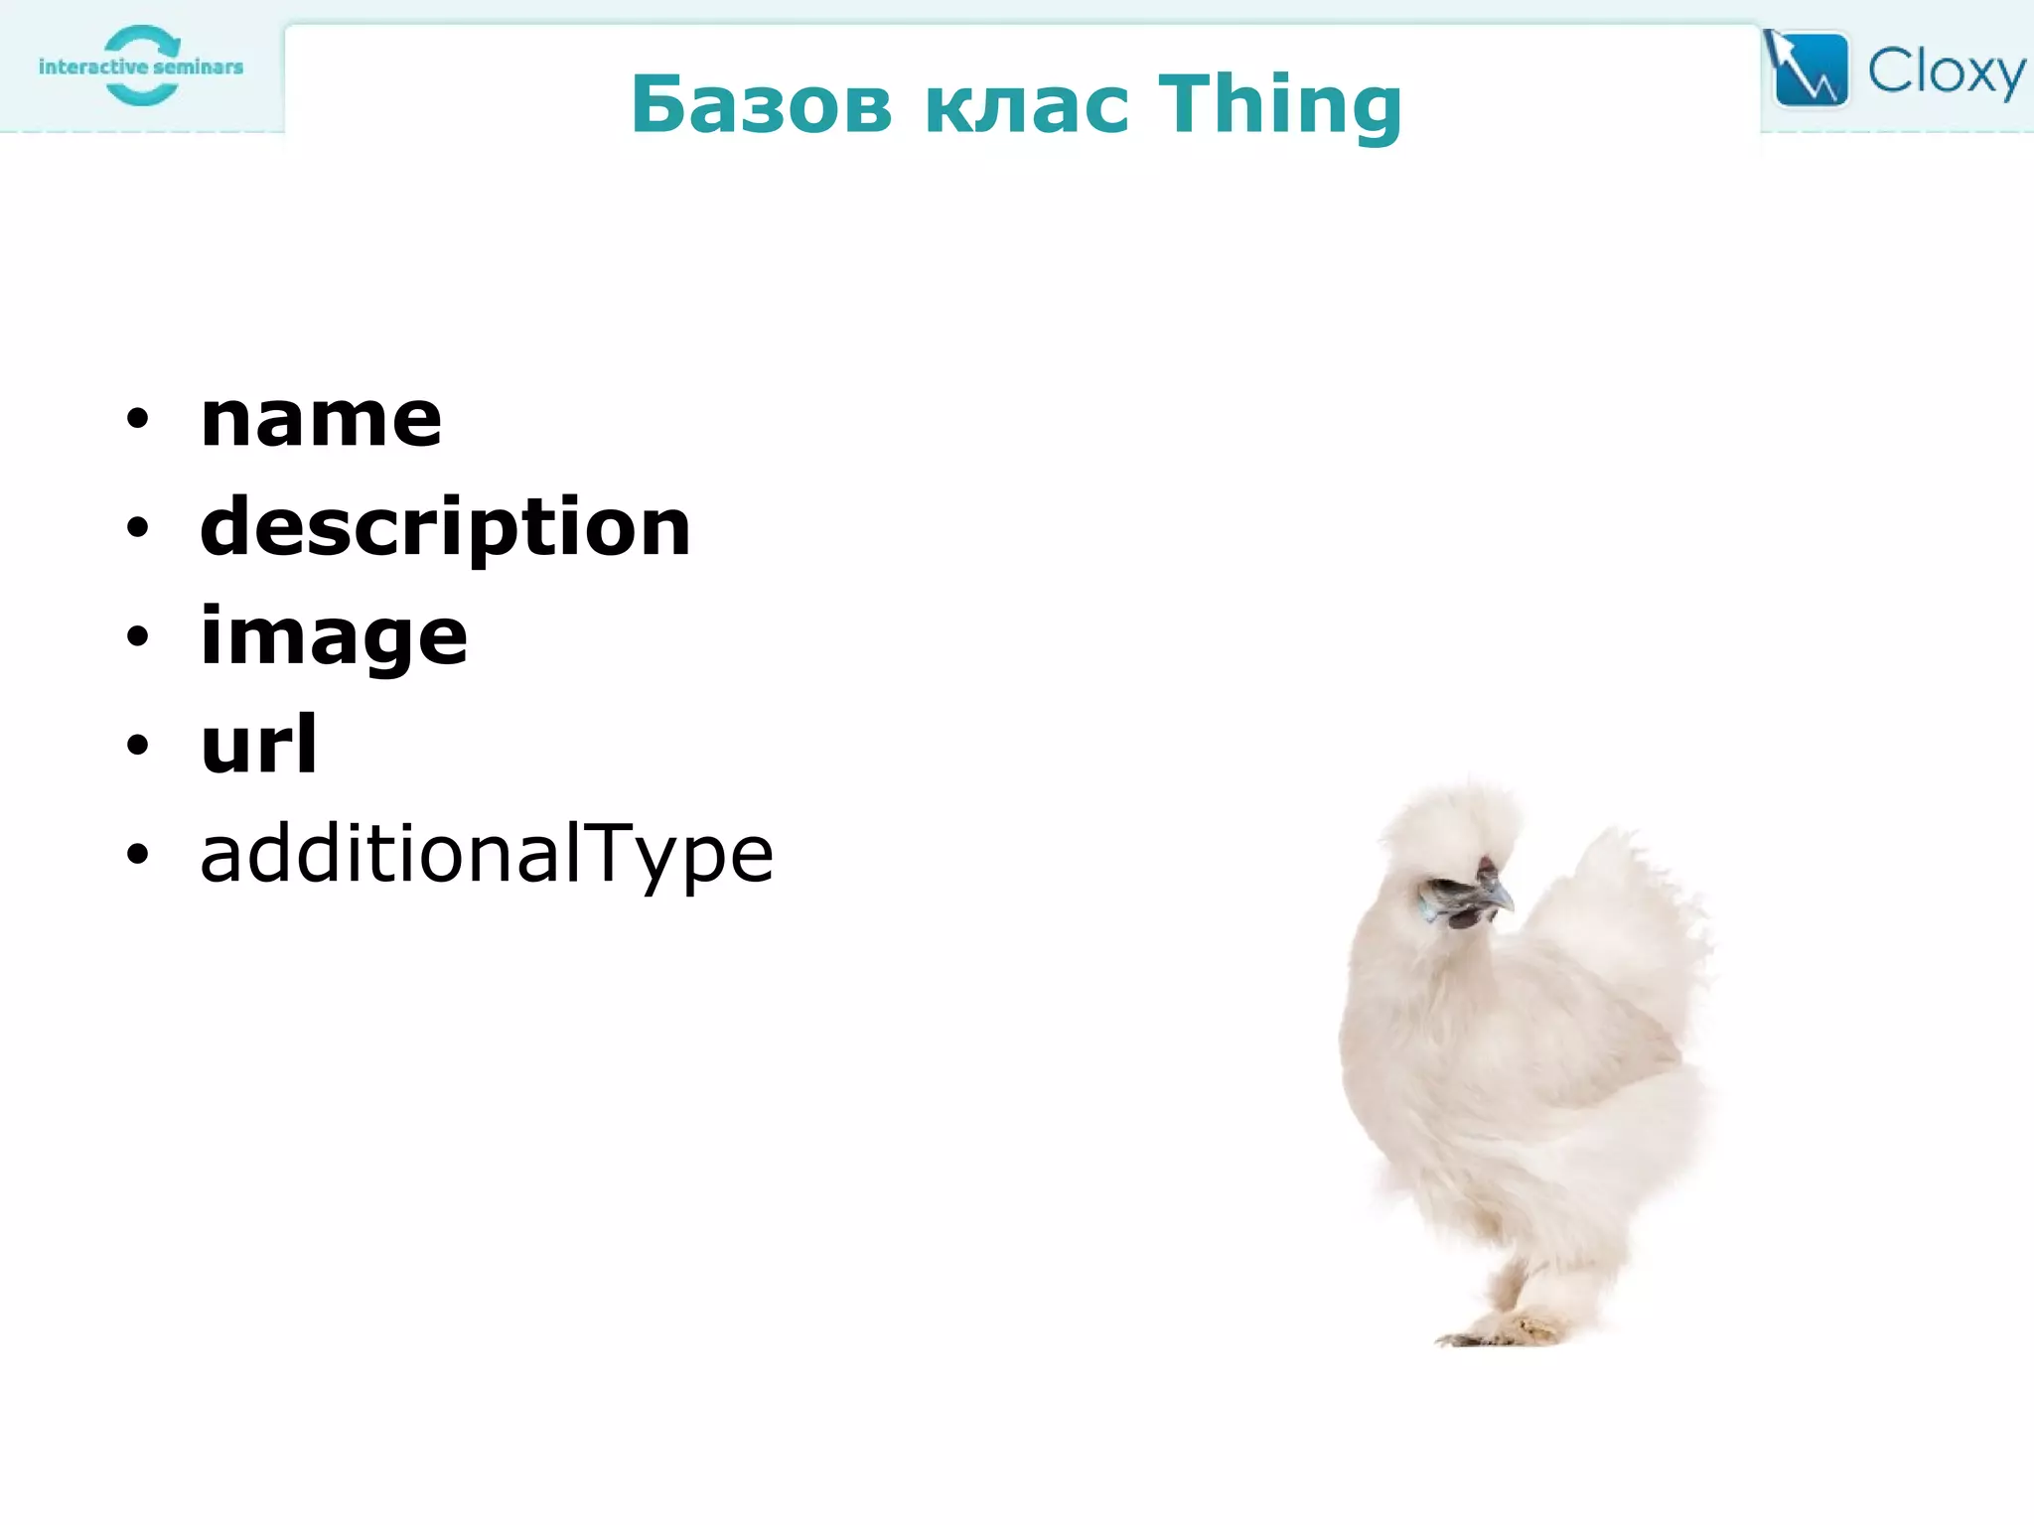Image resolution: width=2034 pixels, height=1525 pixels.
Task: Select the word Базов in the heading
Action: coord(762,104)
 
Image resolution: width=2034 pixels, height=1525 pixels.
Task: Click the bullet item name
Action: coord(321,419)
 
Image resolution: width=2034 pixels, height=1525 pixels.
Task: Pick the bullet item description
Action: coord(445,528)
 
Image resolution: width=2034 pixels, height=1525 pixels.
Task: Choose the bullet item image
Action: coord(334,637)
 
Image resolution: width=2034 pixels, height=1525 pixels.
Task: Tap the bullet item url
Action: coord(258,745)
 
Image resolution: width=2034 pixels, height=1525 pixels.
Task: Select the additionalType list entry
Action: coord(487,854)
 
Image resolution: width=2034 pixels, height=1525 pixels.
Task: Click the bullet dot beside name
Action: coord(137,420)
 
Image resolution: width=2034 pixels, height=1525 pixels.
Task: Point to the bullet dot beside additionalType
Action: coord(137,854)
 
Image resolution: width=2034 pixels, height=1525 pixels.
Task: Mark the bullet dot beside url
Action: coord(137,746)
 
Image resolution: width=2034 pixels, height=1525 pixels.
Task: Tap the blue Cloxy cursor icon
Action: coord(1808,69)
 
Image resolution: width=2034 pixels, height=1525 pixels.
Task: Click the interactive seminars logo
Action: coord(141,67)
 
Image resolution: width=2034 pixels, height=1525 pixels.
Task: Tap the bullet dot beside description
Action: coord(137,529)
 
